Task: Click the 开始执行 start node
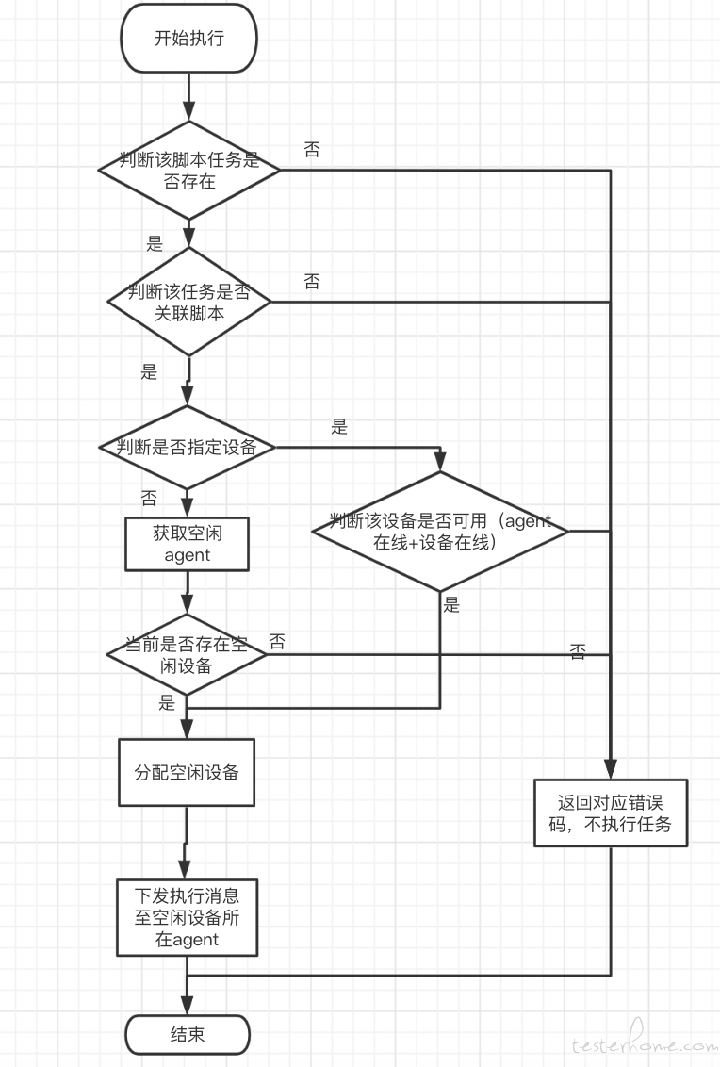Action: [188, 38]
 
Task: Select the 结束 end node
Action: [188, 1035]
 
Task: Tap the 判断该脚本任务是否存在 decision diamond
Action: [189, 170]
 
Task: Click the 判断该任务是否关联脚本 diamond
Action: [189, 302]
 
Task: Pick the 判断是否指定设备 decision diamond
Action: [188, 447]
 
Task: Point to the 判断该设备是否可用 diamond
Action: [439, 531]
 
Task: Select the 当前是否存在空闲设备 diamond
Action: [187, 655]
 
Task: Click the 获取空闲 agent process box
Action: [188, 544]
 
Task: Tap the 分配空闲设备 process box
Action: [187, 772]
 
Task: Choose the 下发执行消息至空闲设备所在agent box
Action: [188, 917]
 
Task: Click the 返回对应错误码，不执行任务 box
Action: [611, 813]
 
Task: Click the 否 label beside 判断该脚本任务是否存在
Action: [312, 149]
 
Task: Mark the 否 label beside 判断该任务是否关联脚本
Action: [312, 281]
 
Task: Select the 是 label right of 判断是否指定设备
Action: [339, 427]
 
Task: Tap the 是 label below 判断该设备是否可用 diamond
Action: [451, 604]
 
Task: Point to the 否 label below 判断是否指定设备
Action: [149, 498]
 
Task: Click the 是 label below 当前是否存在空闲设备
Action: [167, 703]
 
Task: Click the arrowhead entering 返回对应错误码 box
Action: [611, 769]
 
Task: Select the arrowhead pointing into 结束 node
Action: [188, 1005]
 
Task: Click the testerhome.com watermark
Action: [644, 1039]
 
